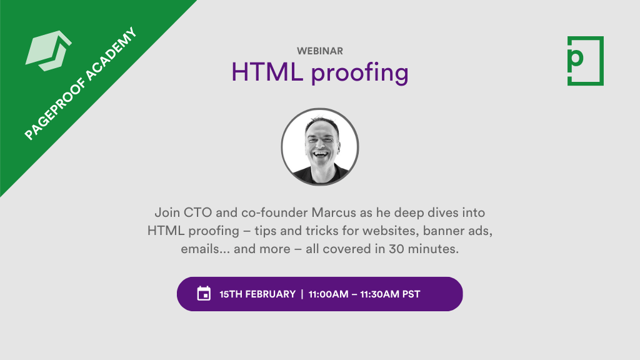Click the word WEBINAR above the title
320,51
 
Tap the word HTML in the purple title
267,72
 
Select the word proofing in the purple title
360,74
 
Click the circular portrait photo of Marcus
320,147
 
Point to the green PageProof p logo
585,61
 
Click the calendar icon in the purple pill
204,294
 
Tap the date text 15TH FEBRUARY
257,294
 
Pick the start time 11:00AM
329,294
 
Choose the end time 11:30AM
381,294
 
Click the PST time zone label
411,294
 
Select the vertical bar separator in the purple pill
302,294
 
